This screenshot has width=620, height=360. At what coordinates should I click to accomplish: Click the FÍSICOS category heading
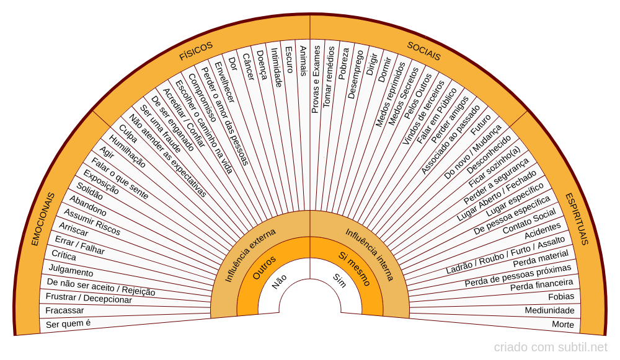(196, 51)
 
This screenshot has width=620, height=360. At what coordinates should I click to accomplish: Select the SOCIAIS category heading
(424, 51)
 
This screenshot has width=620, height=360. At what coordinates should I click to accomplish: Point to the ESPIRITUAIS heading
(577, 219)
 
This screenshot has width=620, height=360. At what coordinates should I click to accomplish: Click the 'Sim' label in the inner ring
(339, 281)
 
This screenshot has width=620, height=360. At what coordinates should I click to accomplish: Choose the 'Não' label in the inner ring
(279, 282)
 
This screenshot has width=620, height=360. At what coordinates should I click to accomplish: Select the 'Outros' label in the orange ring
(264, 268)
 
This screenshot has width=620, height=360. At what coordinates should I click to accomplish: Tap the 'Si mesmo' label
(355, 269)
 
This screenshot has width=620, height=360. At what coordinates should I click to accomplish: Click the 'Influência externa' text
(250, 255)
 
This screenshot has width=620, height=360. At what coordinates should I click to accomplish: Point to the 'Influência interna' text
(370, 255)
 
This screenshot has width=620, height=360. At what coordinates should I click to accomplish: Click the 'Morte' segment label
(563, 325)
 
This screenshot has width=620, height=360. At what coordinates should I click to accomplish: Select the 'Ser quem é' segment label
(68, 323)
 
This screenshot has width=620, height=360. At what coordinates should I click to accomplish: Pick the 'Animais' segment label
(303, 61)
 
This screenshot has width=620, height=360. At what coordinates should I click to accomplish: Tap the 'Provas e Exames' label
(316, 79)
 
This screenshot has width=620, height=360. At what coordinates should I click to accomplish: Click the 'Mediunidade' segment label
(549, 310)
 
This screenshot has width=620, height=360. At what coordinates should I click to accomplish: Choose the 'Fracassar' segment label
(64, 310)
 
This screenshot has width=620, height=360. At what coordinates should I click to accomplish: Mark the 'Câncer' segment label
(248, 67)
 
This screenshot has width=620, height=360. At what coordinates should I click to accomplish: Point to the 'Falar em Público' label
(436, 116)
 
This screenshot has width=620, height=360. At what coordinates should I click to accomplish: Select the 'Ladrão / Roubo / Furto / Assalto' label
(506, 255)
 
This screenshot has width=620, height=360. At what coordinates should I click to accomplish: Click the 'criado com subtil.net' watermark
(551, 347)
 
